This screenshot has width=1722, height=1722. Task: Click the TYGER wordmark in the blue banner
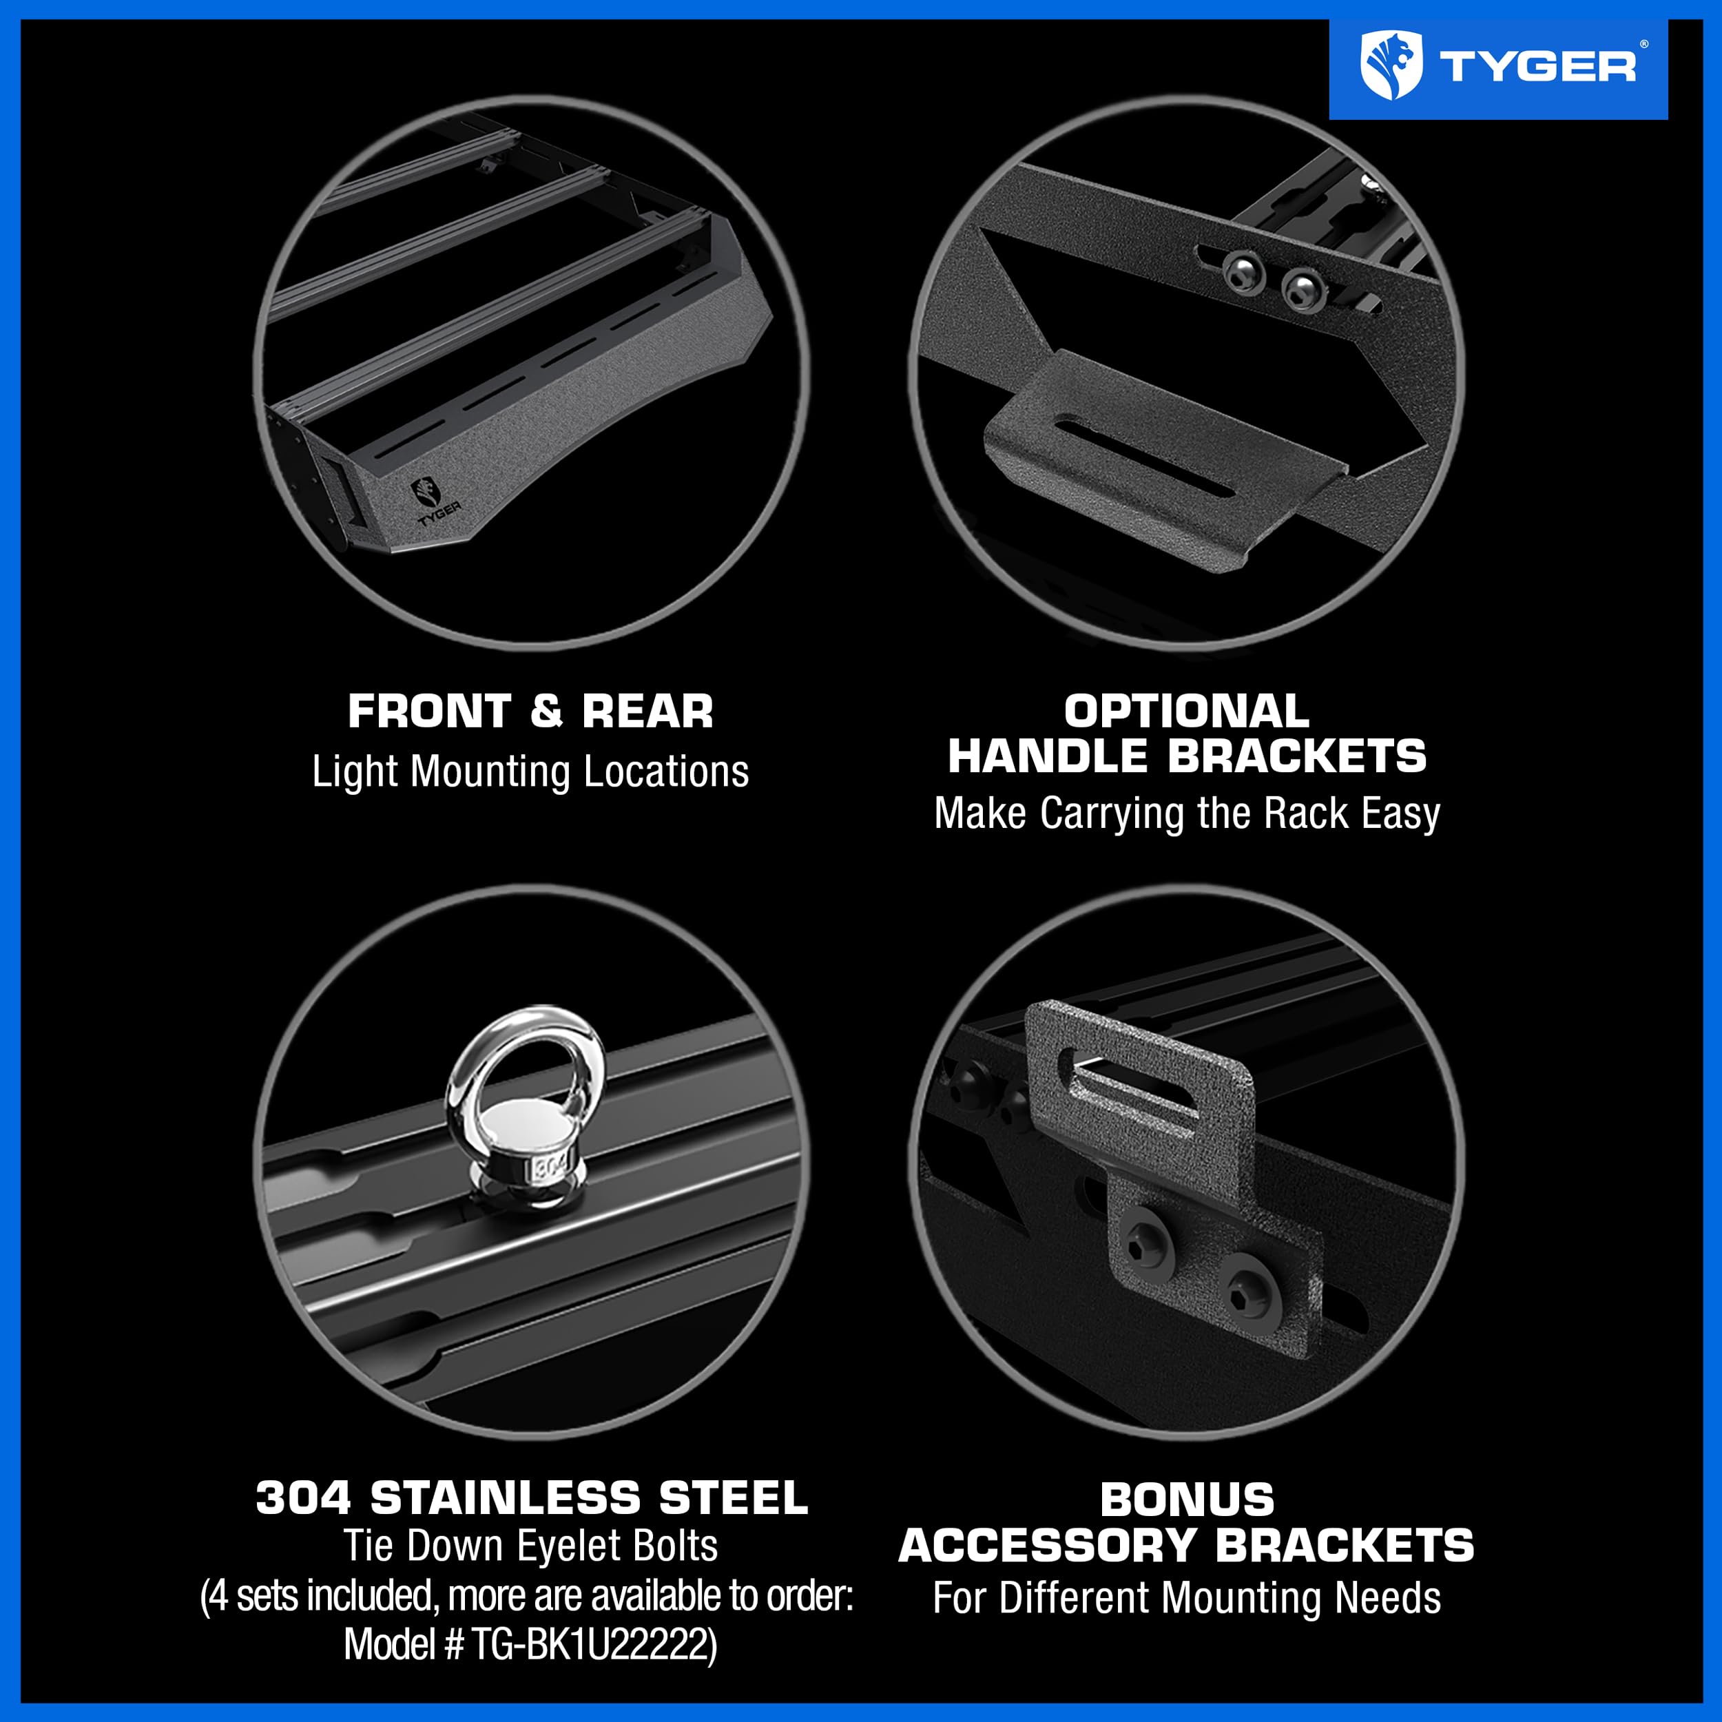[1537, 67]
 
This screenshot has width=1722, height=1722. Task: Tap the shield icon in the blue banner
[1391, 65]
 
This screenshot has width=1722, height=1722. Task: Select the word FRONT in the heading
[428, 712]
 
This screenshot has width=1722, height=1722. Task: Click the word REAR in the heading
[648, 712]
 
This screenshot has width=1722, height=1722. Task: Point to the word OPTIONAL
[1186, 712]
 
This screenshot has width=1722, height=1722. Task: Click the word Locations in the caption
[666, 771]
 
